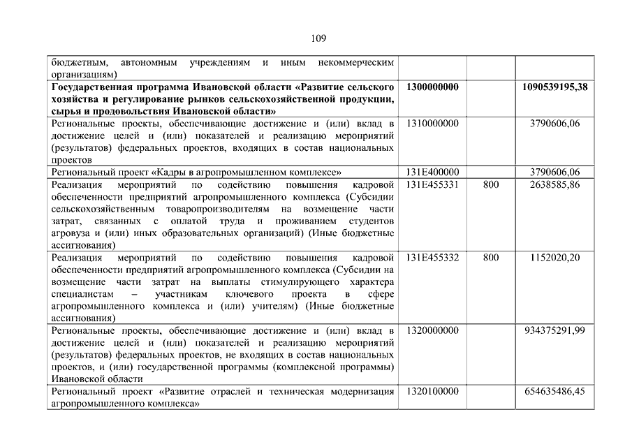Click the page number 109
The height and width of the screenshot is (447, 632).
pyautogui.click(x=315, y=38)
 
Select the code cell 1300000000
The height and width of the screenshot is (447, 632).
pyautogui.click(x=431, y=87)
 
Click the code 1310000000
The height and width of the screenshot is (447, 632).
pyautogui.click(x=431, y=124)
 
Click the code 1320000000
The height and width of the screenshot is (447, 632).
pyautogui.click(x=431, y=330)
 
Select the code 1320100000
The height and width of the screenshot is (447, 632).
pyautogui.click(x=431, y=391)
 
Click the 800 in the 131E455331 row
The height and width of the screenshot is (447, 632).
pyautogui.click(x=491, y=184)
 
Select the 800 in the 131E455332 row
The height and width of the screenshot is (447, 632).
pyautogui.click(x=491, y=258)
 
